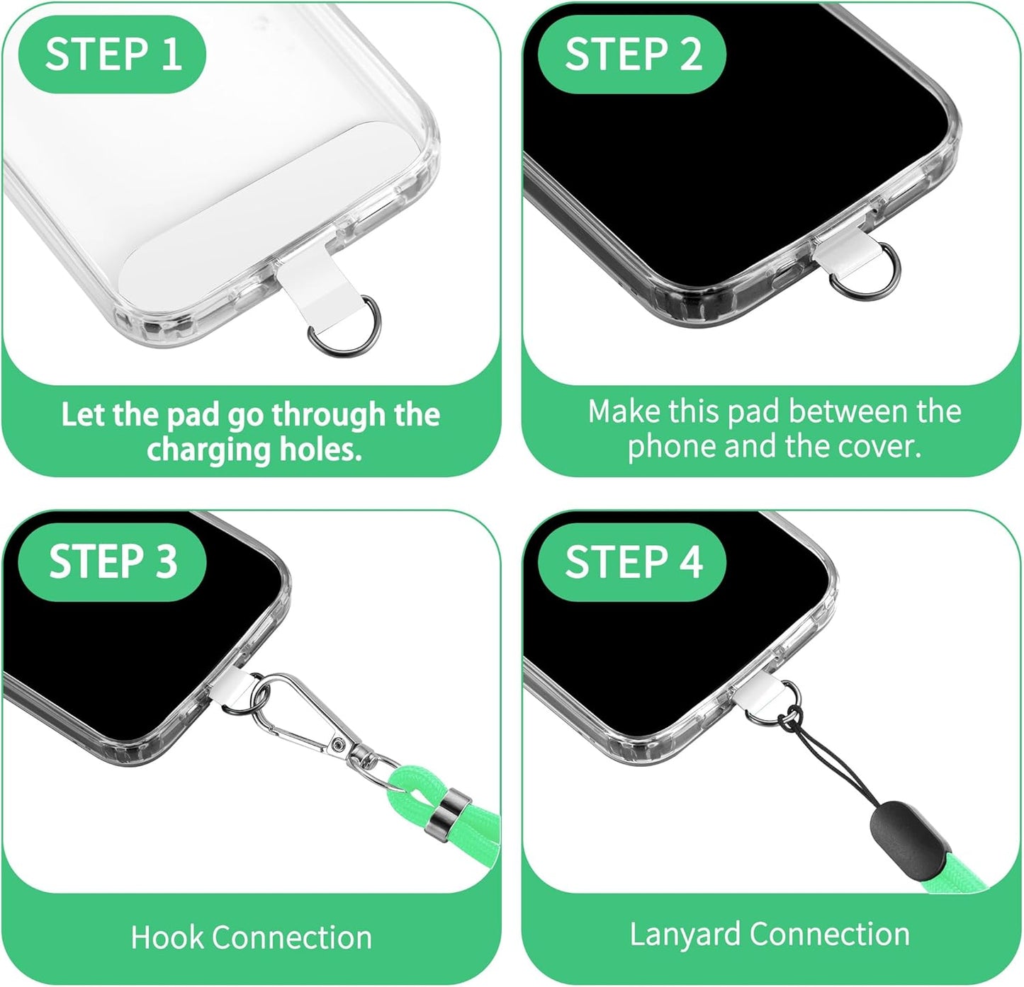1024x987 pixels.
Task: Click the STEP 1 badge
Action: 112,54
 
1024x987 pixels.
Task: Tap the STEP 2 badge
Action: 632,54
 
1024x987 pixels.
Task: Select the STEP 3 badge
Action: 112,561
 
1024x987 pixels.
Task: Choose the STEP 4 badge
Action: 632,561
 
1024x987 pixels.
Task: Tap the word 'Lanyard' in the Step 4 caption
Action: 684,935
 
